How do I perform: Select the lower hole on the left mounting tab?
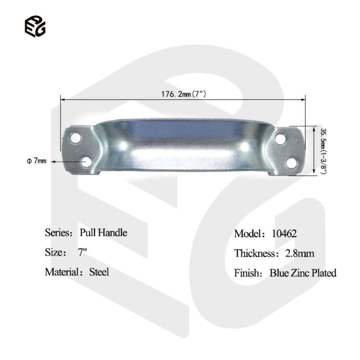click(86, 162)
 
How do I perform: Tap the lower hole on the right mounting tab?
click(292, 163)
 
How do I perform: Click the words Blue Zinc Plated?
click(303, 273)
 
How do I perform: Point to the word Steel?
click(99, 272)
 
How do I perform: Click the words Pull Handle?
click(103, 233)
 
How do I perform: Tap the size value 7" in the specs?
click(82, 252)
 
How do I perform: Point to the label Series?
click(56, 233)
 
